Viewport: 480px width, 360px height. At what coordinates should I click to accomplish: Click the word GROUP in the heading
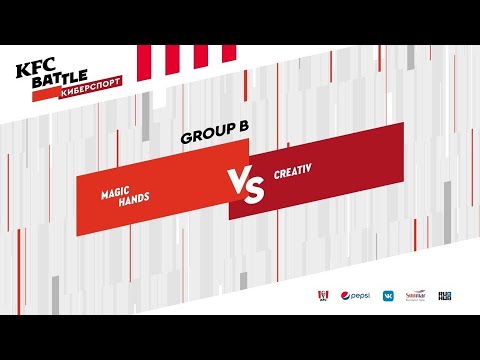click(x=203, y=137)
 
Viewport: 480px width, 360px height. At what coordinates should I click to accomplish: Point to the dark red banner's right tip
click(x=402, y=160)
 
